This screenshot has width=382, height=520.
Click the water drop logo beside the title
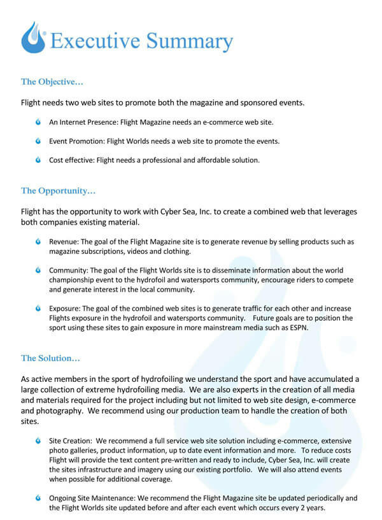pyautogui.click(x=33, y=38)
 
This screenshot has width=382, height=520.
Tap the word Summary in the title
pyautogui.click(x=190, y=42)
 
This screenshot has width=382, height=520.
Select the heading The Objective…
pyautogui.click(x=52, y=81)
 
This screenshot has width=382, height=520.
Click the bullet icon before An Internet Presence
pyautogui.click(x=39, y=121)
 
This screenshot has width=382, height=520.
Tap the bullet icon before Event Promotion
pyautogui.click(x=39, y=141)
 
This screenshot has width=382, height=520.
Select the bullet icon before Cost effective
pyautogui.click(x=39, y=160)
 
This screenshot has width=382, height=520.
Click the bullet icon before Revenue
pyautogui.click(x=39, y=242)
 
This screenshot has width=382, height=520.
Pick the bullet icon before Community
pyautogui.click(x=39, y=271)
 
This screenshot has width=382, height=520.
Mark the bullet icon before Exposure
pyautogui.click(x=39, y=309)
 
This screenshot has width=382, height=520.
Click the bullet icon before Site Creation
pyautogui.click(x=39, y=440)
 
